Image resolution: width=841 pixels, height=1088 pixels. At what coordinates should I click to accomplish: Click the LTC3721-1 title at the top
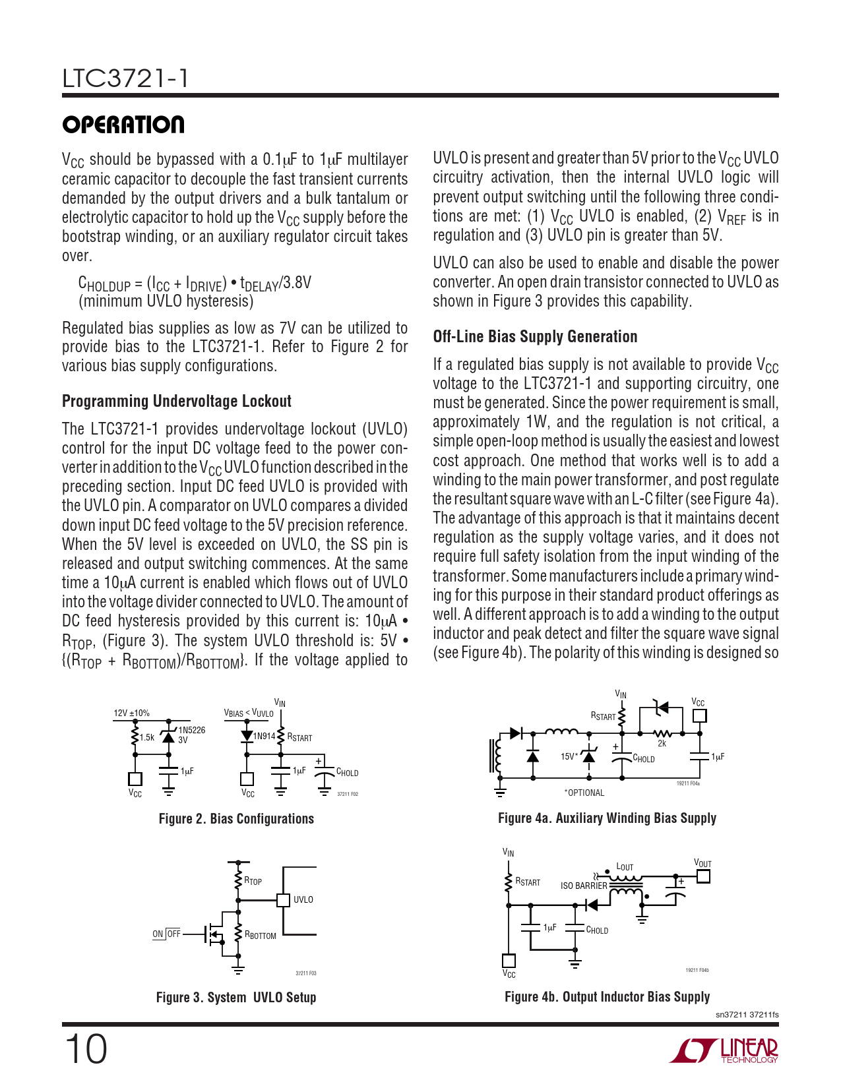[125, 78]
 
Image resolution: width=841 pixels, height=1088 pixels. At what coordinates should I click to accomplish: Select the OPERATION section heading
[123, 125]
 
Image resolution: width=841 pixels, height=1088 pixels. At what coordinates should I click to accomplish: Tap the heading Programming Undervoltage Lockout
[176, 401]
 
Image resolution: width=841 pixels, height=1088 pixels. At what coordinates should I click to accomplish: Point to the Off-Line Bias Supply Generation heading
[535, 336]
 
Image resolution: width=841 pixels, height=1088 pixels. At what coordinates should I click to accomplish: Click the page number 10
[86, 1049]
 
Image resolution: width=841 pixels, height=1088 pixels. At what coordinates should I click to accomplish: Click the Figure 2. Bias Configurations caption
[236, 819]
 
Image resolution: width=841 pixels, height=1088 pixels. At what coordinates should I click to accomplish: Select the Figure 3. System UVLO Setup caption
[236, 997]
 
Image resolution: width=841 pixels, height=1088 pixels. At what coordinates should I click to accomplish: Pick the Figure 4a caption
[607, 818]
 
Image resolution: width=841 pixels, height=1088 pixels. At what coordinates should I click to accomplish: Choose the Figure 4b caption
[607, 997]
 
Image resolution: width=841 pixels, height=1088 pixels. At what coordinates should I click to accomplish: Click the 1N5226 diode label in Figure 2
[191, 730]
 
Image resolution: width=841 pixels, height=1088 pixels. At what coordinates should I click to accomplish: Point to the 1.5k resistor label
[146, 738]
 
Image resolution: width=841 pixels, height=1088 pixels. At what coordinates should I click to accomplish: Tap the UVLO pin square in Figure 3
[283, 900]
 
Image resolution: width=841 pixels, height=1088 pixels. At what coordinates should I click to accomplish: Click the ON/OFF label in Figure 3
[166, 934]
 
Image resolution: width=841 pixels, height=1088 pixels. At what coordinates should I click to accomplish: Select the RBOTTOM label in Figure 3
[261, 935]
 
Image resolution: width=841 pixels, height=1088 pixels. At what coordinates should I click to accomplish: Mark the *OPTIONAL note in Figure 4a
[584, 793]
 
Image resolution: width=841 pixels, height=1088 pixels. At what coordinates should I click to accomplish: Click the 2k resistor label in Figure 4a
[662, 743]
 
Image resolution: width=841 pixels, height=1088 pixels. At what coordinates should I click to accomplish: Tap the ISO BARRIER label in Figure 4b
[583, 886]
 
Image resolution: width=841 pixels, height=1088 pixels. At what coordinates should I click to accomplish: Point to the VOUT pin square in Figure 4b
[703, 876]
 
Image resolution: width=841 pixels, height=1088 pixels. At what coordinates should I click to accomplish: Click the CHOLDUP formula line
[195, 284]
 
